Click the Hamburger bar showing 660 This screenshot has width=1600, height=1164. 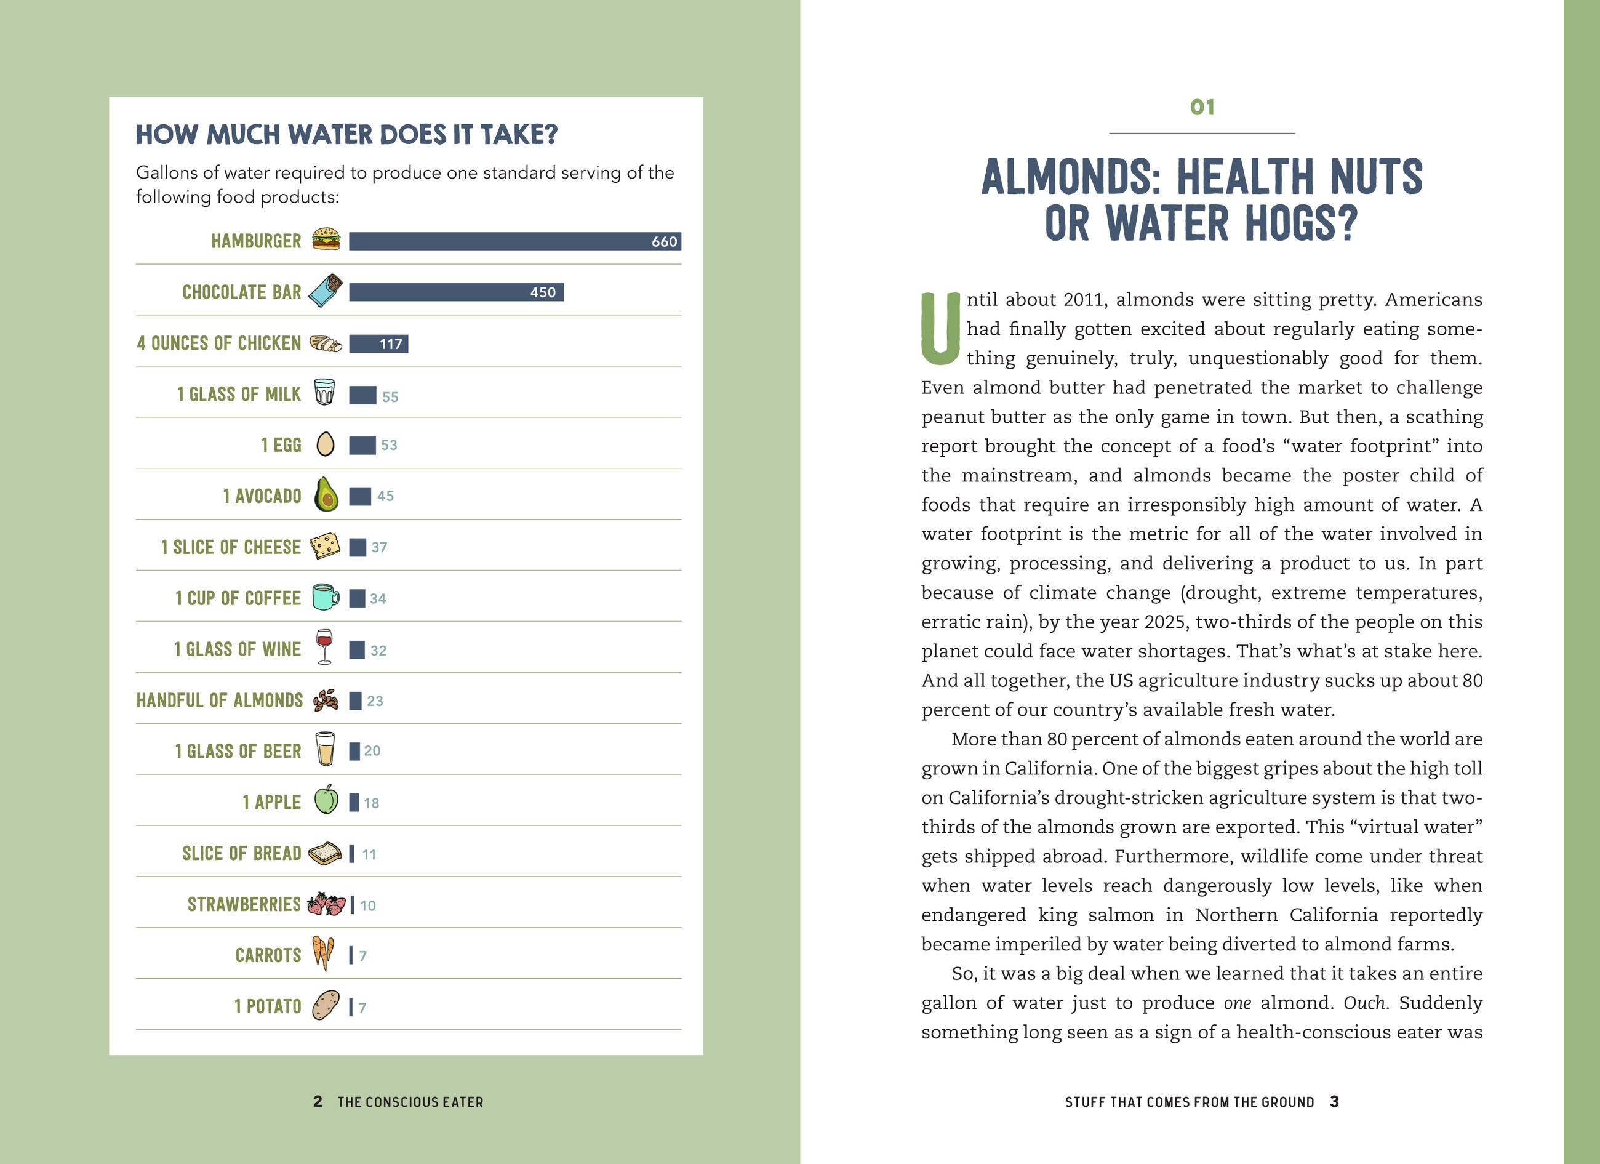[514, 241]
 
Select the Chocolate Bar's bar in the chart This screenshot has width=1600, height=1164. [456, 292]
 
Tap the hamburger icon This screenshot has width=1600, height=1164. [326, 239]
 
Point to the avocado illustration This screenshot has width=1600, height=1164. [326, 494]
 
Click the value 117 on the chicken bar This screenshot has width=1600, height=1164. [391, 344]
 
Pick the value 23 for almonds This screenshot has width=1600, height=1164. [375, 701]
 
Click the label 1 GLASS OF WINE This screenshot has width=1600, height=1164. [237, 649]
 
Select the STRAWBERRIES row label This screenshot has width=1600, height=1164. [244, 904]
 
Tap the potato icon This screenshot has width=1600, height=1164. [325, 1005]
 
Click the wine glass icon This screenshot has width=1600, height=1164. [324, 646]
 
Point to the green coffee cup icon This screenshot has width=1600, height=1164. [325, 597]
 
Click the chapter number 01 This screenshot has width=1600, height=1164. [1201, 107]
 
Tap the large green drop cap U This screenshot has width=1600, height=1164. [940, 329]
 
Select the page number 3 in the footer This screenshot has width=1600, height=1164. [1334, 1102]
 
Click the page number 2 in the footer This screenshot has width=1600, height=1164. [318, 1102]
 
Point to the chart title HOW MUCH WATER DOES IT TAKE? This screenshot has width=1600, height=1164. [346, 135]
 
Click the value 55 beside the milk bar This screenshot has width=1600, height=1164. [390, 397]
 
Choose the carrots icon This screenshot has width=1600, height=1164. [323, 953]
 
